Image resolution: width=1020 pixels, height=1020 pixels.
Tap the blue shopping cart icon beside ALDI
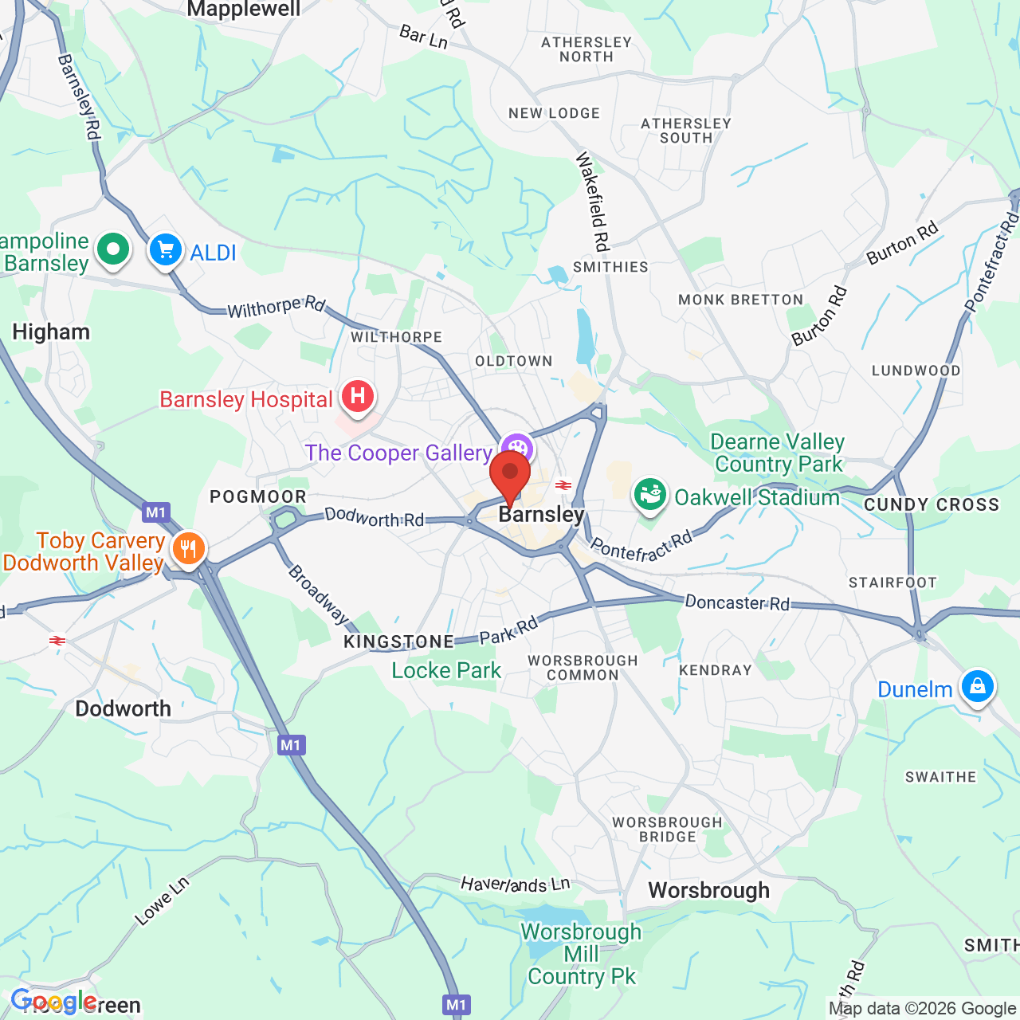point(166,250)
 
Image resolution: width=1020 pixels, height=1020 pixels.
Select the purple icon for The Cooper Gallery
point(517,447)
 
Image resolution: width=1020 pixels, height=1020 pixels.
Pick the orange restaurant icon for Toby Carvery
point(188,549)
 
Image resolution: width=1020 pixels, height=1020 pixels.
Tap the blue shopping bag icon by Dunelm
point(977,686)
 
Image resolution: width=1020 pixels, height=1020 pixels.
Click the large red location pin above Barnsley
point(510,476)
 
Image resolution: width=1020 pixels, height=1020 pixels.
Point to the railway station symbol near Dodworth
point(57,640)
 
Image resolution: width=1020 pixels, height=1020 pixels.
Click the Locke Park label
point(446,670)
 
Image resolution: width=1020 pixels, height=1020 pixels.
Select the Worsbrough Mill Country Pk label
point(581,954)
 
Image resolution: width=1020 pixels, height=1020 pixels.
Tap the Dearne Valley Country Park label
point(778,453)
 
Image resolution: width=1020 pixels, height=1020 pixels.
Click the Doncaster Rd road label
point(737,602)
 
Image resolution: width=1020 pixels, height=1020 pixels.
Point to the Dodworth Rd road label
point(374,518)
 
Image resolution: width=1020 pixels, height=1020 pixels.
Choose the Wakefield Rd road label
point(593,201)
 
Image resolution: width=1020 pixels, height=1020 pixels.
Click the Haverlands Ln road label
point(516,883)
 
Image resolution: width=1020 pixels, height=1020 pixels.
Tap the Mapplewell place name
point(244,10)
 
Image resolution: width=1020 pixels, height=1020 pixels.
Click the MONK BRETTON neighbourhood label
point(740,300)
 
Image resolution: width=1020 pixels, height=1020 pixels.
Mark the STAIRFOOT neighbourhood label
point(892,583)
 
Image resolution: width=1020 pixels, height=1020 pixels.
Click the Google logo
point(53,1001)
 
